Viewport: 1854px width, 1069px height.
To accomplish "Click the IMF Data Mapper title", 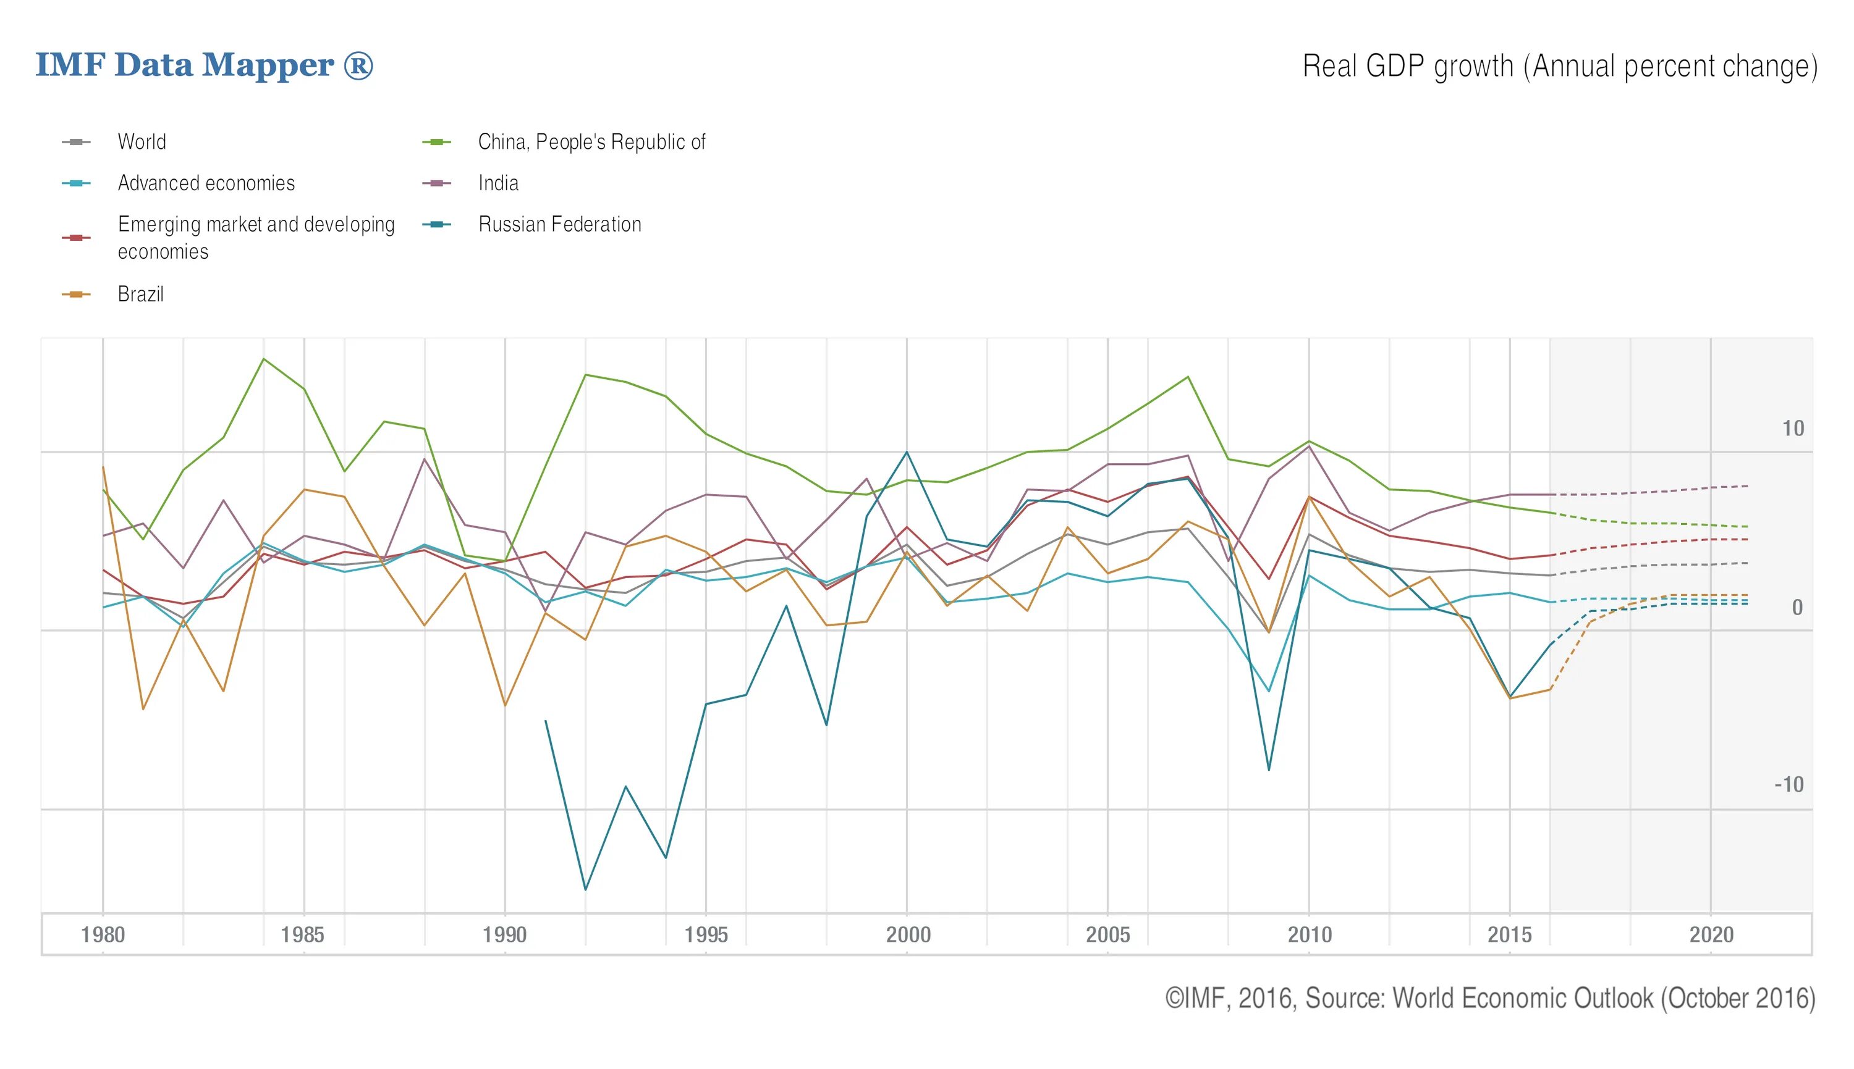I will coord(204,65).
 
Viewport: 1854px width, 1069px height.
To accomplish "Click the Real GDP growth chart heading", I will coord(1559,67).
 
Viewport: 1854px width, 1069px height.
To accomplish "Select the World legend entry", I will coord(142,141).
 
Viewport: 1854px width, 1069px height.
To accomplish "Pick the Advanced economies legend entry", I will coord(206,183).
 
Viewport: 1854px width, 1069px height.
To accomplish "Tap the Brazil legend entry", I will coord(140,295).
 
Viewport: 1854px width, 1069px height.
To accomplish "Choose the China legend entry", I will coord(591,141).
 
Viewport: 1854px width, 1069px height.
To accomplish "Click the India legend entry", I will coord(498,183).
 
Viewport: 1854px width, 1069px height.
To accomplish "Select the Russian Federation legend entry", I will coord(560,225).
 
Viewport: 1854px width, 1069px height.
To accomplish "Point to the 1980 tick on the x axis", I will coord(103,934).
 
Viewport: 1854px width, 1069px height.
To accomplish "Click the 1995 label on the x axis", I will coord(706,934).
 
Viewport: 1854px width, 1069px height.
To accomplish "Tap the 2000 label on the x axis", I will coord(908,934).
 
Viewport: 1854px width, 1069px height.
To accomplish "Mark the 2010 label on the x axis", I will coord(1310,934).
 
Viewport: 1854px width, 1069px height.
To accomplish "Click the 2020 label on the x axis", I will coord(1711,934).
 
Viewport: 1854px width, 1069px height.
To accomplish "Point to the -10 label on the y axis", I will coord(1788,785).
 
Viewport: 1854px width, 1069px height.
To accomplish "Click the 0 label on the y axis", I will coord(1797,608).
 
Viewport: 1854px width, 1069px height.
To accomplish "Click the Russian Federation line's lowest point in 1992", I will coord(585,890).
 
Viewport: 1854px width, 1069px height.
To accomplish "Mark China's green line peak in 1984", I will coord(264,359).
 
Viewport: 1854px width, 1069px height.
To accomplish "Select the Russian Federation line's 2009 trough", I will coord(1269,770).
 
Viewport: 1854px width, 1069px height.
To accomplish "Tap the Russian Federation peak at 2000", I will coord(907,451).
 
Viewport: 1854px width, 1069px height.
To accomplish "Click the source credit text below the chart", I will coord(1489,999).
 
